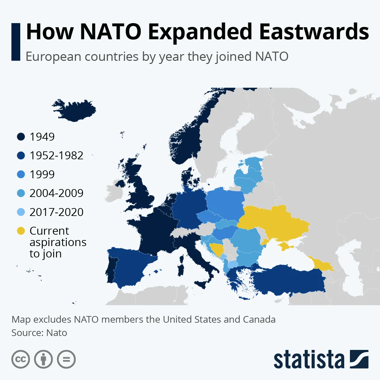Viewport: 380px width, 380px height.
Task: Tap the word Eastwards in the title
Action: click(314, 32)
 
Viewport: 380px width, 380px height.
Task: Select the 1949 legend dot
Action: click(21, 137)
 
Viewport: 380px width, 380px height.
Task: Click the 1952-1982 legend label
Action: click(56, 155)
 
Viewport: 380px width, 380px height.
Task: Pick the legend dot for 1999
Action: click(21, 174)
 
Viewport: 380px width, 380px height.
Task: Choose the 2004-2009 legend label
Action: click(56, 193)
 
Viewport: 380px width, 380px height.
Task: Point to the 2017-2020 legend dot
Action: click(21, 212)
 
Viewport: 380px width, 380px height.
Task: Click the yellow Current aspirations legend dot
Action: click(21, 231)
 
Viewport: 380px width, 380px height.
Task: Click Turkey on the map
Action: click(288, 280)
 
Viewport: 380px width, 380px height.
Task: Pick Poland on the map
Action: click(225, 203)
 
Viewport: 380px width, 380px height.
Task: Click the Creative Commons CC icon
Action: click(21, 359)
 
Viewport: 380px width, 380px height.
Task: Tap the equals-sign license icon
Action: click(66, 359)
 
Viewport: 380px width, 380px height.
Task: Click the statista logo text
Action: click(309, 360)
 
